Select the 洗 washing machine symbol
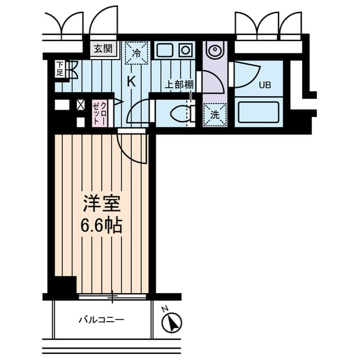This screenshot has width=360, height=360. coord(215,114)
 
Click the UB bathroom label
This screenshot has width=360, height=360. coord(264,86)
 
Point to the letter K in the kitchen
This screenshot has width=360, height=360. coord(131,81)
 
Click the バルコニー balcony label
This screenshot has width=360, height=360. coord(101,320)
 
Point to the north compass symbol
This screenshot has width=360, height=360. coord(172,322)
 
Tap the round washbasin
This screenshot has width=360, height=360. coord(215,51)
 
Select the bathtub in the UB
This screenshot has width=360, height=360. coord(258,112)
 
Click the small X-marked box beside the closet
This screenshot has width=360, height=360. coord(80,104)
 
